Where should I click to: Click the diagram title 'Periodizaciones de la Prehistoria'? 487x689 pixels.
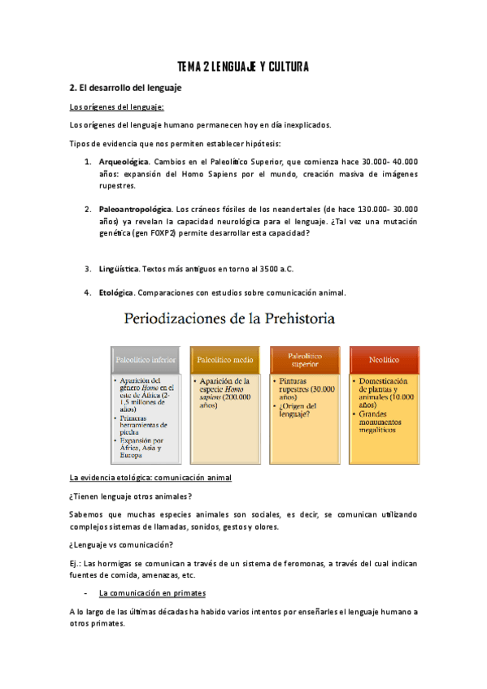(x=228, y=319)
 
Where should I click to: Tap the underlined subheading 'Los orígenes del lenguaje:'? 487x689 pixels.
(x=117, y=106)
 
